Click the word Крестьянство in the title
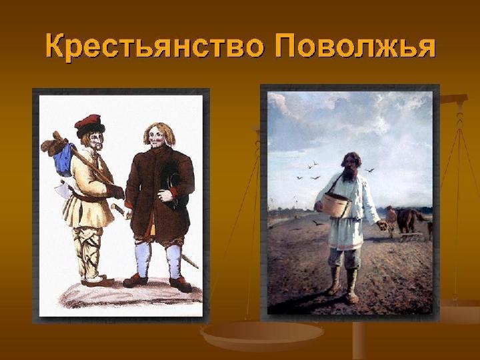coord(155,46)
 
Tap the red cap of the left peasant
coord(90,124)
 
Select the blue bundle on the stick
coord(64,159)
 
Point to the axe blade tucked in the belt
coord(64,189)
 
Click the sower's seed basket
coord(336,205)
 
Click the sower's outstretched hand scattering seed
coord(382,225)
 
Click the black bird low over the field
coord(317,223)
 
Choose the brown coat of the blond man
coord(159,193)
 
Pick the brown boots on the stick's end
coord(52,143)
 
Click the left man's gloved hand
coord(116,191)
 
